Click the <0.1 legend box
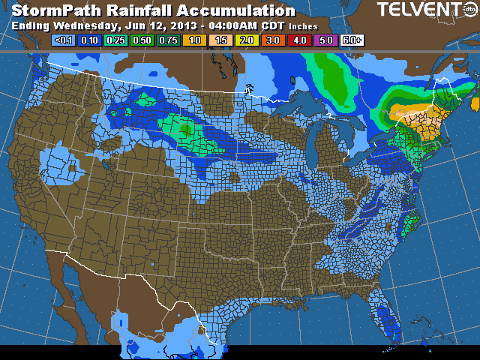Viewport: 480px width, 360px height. (64, 40)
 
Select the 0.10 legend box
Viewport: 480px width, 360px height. (90, 40)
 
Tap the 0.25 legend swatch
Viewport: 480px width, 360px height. (116, 40)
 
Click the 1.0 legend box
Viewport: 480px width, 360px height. (195, 40)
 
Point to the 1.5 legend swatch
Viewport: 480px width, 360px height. (221, 40)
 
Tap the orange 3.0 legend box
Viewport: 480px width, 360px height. (274, 40)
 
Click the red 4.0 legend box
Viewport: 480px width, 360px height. (300, 40)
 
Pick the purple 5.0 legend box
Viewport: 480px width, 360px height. (326, 40)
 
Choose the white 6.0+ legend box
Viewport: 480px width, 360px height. (352, 40)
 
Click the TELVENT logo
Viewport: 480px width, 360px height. (424, 10)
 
